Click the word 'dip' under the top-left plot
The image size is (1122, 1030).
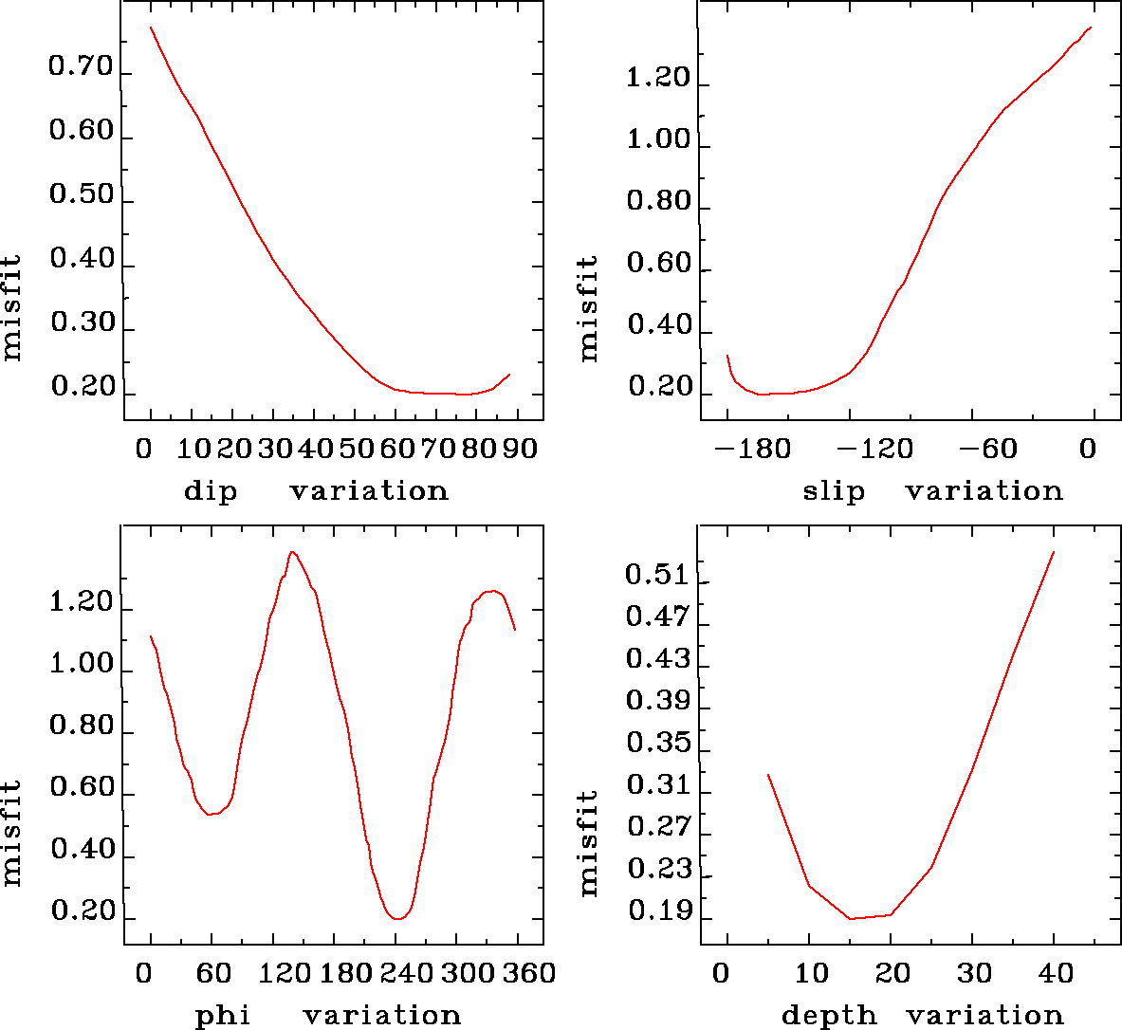(210, 491)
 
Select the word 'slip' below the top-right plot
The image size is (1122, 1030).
(834, 491)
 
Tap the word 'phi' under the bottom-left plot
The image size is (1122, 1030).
(222, 1016)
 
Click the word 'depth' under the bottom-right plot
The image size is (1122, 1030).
(829, 1016)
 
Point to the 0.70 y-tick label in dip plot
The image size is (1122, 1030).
(82, 68)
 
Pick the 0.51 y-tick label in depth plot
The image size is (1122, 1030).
(657, 575)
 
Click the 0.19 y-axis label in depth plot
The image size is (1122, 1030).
(657, 912)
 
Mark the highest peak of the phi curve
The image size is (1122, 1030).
(292, 552)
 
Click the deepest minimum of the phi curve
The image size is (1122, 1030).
(398, 918)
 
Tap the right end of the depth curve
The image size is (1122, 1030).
(1054, 551)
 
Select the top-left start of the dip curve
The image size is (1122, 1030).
(151, 28)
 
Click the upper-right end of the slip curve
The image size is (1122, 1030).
(1092, 28)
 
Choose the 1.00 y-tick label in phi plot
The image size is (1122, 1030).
(82, 665)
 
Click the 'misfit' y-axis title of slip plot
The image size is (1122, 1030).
(589, 307)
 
